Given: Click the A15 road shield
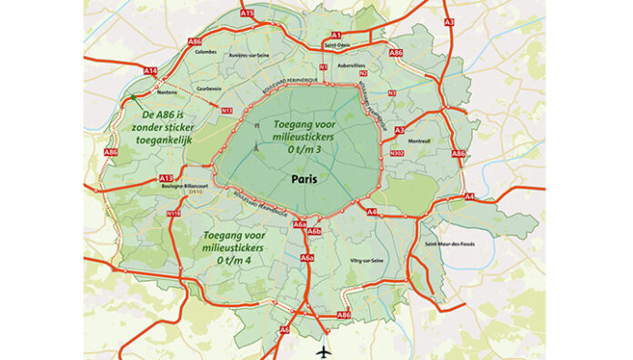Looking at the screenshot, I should point(246,14).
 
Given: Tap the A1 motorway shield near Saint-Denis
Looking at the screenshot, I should point(336,35).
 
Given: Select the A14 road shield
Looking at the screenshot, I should point(151,71).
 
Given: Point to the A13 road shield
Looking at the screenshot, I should point(166,177).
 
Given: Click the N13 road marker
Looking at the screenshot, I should point(226,110).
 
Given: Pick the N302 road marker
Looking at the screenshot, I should point(396,154).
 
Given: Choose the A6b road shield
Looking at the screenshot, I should point(315,233).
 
